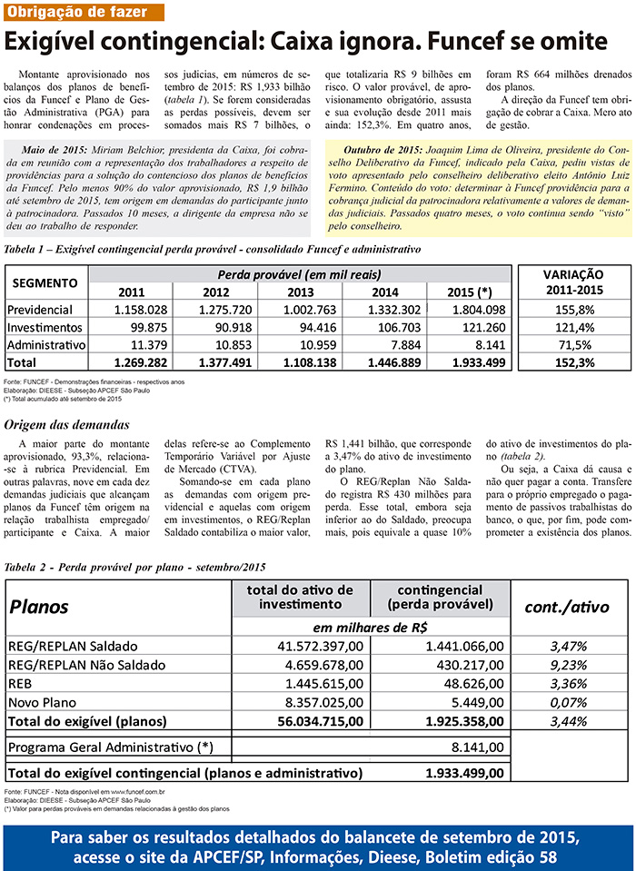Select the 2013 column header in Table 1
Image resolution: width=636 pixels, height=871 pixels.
pos(300,292)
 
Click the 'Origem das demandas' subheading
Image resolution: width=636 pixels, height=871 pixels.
pos(66,424)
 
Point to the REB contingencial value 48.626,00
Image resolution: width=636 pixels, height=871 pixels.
pos(464,683)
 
